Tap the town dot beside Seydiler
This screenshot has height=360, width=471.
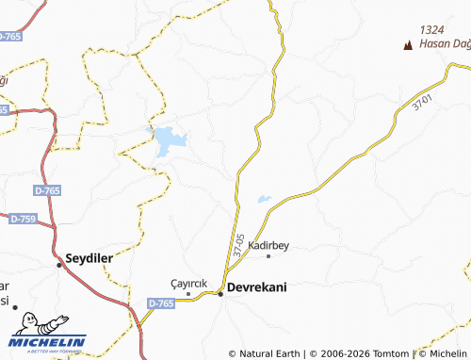60,265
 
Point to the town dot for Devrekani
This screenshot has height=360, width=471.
220,294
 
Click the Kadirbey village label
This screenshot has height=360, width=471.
268,245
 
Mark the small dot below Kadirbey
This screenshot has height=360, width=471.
268,255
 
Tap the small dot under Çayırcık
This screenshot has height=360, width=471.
187,293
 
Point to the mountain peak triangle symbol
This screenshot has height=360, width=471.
408,44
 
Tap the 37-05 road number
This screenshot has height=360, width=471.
239,246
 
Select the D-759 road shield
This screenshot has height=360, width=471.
23,219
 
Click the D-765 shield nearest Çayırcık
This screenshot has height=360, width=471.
161,303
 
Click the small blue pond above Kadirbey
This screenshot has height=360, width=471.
264,199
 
